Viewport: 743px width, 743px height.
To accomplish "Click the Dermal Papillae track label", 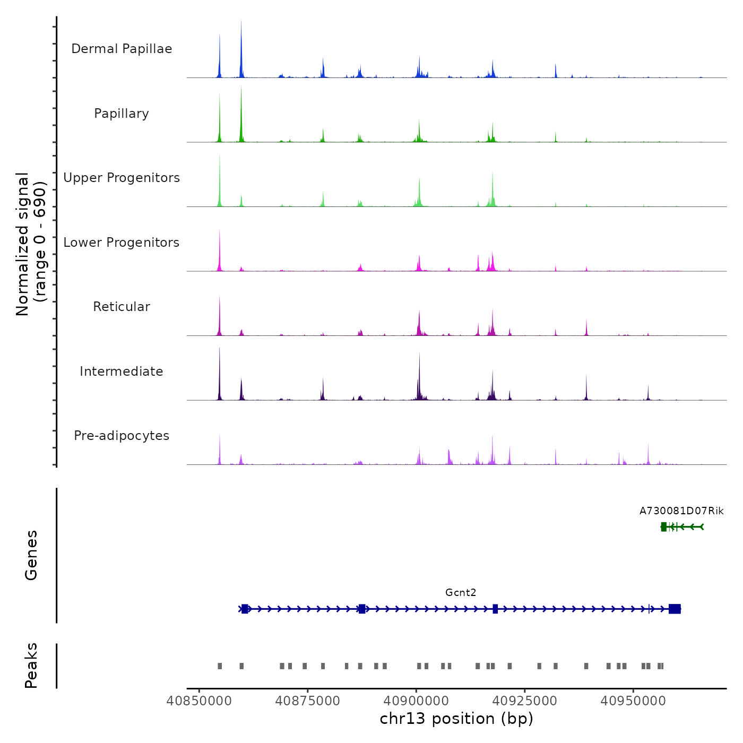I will [x=122, y=49].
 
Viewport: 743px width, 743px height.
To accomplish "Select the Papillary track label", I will [x=122, y=114].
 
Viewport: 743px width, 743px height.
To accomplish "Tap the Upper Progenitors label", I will [x=122, y=178].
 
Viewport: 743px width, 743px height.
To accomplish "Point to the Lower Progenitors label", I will [x=122, y=243].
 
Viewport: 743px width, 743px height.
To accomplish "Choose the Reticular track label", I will [x=122, y=307].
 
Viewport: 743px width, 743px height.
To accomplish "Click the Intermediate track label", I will [x=122, y=371].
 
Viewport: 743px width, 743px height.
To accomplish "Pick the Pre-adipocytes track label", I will [x=122, y=436].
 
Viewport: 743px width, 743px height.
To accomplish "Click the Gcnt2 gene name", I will [x=461, y=593].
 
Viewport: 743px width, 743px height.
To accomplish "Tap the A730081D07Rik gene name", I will [x=681, y=511].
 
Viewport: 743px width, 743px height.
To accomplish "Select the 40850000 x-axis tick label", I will [x=199, y=701].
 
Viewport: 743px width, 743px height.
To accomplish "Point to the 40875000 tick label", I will [x=307, y=701].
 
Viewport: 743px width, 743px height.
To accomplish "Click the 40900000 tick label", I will [x=416, y=701].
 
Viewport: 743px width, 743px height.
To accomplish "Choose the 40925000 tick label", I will [x=524, y=701].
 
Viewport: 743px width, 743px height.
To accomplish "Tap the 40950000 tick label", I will [x=633, y=701].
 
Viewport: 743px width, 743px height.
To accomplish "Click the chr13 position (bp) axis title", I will [x=456, y=719].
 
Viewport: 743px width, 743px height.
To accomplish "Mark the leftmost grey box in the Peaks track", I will [x=220, y=666].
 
